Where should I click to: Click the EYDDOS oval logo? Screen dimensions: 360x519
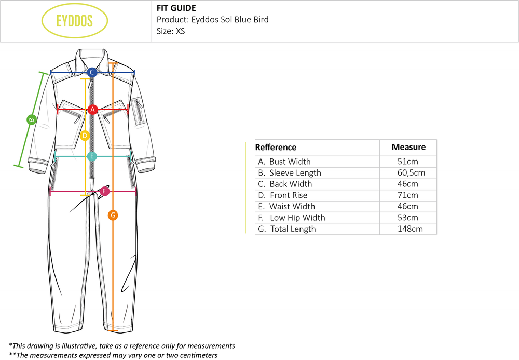[74, 21]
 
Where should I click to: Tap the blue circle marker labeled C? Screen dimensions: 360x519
[92, 72]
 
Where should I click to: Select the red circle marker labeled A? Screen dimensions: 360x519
[92, 109]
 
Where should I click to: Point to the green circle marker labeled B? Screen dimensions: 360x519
[31, 119]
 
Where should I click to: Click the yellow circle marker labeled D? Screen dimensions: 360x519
[86, 136]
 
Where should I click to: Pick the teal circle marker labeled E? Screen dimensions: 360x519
[92, 156]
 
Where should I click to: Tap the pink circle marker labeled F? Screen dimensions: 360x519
[104, 192]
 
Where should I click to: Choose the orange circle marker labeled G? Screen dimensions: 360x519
[113, 215]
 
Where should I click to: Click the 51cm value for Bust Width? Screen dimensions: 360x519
[408, 162]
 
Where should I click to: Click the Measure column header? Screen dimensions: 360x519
[408, 147]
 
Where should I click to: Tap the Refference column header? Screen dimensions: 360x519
[276, 148]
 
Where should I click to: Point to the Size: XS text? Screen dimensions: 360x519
[171, 31]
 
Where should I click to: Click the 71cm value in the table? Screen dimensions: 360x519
[408, 195]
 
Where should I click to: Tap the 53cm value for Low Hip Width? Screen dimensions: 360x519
[408, 218]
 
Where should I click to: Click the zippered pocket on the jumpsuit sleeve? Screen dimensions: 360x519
[139, 111]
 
